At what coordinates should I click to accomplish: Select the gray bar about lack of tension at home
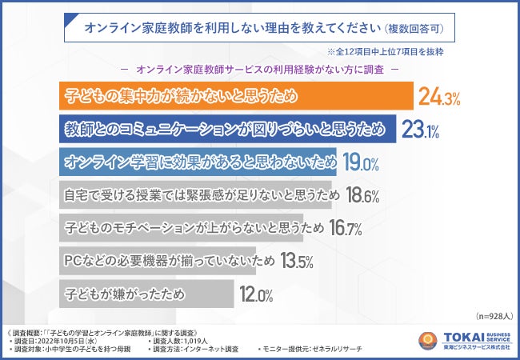tap(200, 195)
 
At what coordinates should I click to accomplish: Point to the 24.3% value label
tap(438, 98)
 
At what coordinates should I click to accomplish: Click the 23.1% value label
tap(418, 130)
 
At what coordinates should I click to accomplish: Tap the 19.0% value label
tap(361, 163)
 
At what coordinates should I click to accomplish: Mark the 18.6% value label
tap(362, 196)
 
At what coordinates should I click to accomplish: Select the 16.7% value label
tap(346, 229)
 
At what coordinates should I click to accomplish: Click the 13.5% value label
tap(295, 262)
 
